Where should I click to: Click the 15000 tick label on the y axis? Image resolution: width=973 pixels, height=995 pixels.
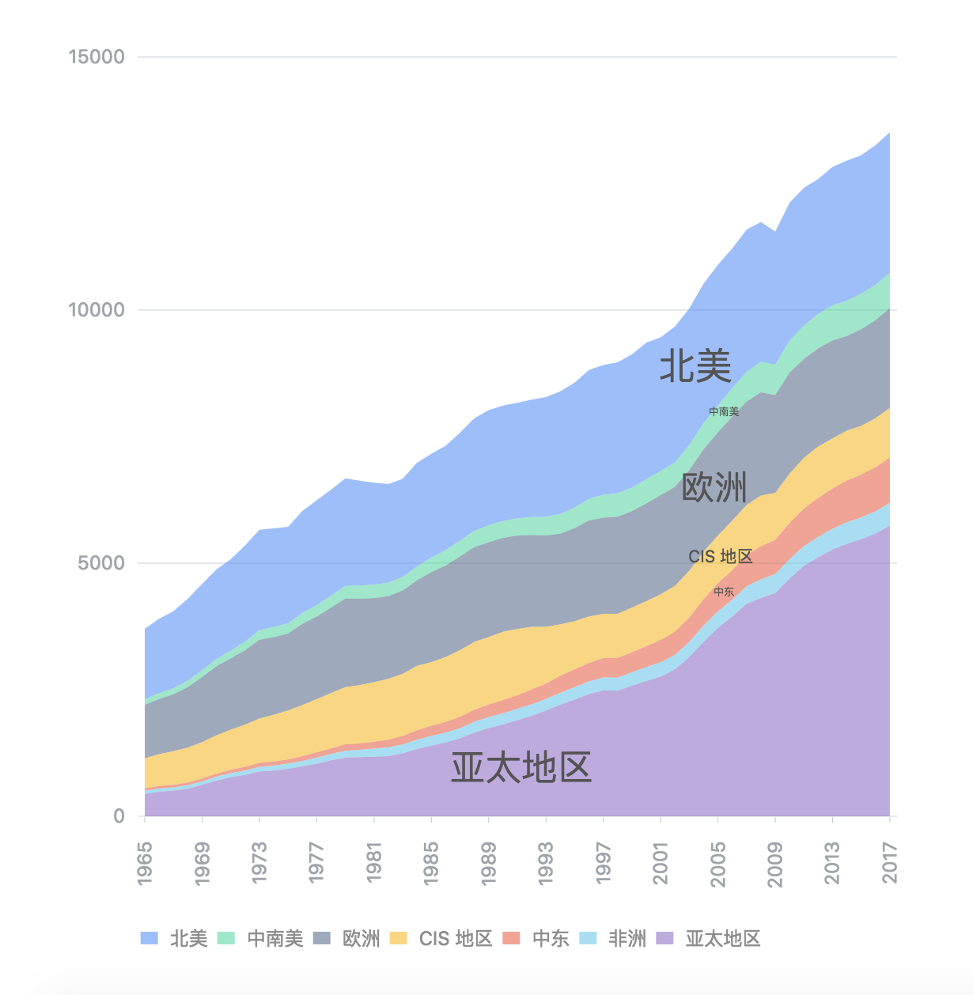97,57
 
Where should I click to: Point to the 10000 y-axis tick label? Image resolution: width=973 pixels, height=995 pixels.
97,310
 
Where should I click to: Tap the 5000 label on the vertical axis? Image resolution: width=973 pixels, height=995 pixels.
102,563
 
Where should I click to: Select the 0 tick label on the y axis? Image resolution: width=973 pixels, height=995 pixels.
119,816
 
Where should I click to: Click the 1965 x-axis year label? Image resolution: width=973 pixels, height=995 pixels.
145,864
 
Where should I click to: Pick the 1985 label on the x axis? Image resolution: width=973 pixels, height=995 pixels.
431,864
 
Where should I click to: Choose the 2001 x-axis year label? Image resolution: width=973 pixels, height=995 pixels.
661,864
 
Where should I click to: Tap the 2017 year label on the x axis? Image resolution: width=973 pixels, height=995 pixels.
890,864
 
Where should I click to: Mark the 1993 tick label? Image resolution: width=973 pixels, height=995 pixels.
546,864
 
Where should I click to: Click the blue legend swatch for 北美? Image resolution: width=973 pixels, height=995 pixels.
150,938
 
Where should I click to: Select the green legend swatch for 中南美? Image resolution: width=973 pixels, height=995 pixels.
226,938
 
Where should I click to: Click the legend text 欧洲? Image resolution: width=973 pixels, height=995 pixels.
361,939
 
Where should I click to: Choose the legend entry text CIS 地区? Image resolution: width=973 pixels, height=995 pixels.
456,939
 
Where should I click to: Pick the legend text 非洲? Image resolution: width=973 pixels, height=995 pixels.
627,939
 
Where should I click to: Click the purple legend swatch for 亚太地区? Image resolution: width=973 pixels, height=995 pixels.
664,938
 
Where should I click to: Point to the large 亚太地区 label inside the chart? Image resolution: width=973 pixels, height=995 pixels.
521,767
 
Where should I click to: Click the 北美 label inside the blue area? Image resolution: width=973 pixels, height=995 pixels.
695,366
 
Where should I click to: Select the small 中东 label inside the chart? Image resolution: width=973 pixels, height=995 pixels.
724,592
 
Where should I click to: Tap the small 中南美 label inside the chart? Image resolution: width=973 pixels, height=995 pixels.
724,411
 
